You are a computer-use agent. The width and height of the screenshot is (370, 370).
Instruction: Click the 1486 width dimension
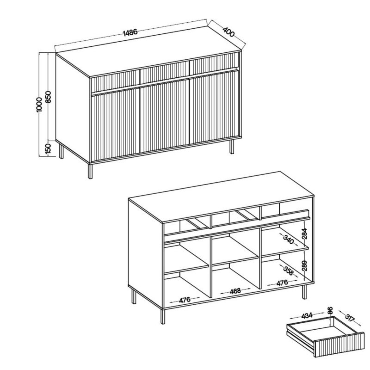point(130,32)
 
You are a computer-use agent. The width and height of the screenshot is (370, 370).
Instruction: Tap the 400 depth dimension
point(228,32)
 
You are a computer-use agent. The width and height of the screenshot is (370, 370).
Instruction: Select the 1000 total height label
point(39,105)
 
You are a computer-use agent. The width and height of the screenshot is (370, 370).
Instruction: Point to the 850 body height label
point(48,97)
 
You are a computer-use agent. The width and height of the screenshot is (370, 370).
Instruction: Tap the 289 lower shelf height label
point(305,265)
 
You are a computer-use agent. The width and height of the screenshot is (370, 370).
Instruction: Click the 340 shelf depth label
point(289,239)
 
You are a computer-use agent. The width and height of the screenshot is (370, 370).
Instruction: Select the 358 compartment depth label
point(288,271)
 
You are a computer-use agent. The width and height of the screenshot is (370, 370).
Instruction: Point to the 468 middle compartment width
point(235,291)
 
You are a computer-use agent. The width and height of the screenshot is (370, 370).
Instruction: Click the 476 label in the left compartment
point(185,300)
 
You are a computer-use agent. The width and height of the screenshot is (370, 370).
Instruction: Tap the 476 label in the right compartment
point(282,283)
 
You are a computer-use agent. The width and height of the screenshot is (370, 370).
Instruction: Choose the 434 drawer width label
point(307,315)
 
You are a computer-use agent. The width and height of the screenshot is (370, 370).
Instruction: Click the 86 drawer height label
point(330,310)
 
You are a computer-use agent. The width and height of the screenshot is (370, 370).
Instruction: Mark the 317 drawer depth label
point(350,318)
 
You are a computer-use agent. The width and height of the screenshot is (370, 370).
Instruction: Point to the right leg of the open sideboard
point(304,292)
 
